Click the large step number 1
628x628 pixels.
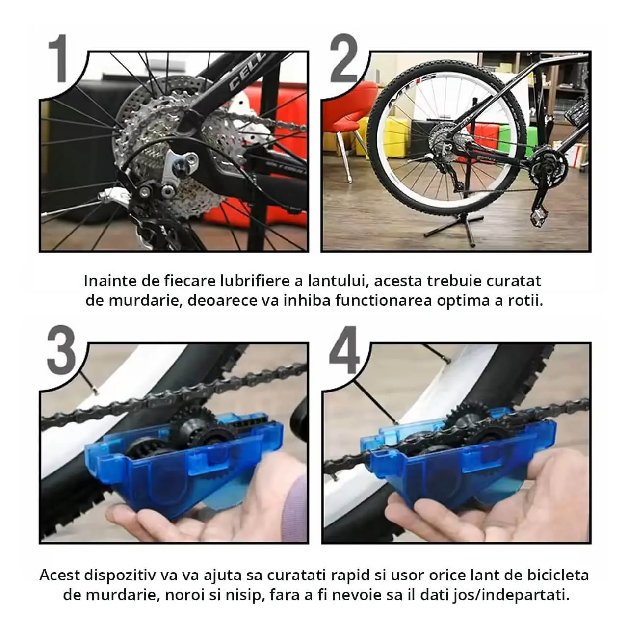(x=58, y=58)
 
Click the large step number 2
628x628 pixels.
(x=343, y=58)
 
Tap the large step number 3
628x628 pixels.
(x=61, y=350)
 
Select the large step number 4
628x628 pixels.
(x=344, y=350)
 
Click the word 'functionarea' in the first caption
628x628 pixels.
(x=384, y=301)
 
